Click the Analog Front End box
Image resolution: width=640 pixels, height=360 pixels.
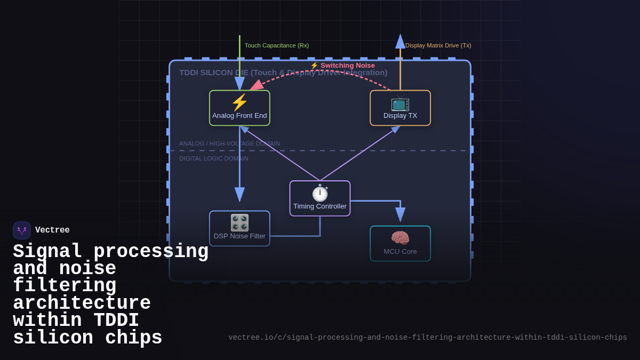click(239, 108)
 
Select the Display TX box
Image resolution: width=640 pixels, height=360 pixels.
click(400, 108)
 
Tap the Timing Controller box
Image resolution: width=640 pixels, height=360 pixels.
click(320, 198)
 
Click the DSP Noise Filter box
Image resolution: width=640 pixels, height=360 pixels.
click(239, 229)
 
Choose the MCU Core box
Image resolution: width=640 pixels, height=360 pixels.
click(400, 244)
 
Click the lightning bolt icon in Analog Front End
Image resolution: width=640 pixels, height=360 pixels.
click(239, 102)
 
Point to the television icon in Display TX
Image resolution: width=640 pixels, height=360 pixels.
click(400, 102)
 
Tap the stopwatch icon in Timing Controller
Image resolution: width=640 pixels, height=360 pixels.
click(320, 193)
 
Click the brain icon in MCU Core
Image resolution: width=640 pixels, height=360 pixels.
click(400, 238)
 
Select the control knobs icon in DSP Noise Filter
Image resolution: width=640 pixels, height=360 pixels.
click(239, 222)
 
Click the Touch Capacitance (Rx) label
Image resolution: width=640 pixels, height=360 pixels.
click(276, 45)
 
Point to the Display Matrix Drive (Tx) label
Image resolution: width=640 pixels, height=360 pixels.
click(438, 45)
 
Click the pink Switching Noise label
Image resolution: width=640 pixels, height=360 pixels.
click(342, 65)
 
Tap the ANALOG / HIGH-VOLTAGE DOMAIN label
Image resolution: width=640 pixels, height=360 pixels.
click(229, 143)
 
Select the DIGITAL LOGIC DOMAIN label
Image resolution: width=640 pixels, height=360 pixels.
click(213, 158)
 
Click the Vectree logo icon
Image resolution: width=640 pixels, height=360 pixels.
click(22, 230)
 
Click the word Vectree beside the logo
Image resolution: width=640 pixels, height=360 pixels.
click(52, 230)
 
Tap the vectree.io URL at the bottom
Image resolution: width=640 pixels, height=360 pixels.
click(427, 338)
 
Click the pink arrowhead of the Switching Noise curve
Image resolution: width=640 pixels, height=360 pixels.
click(256, 86)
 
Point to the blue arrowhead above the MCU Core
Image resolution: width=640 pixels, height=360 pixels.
click(400, 214)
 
